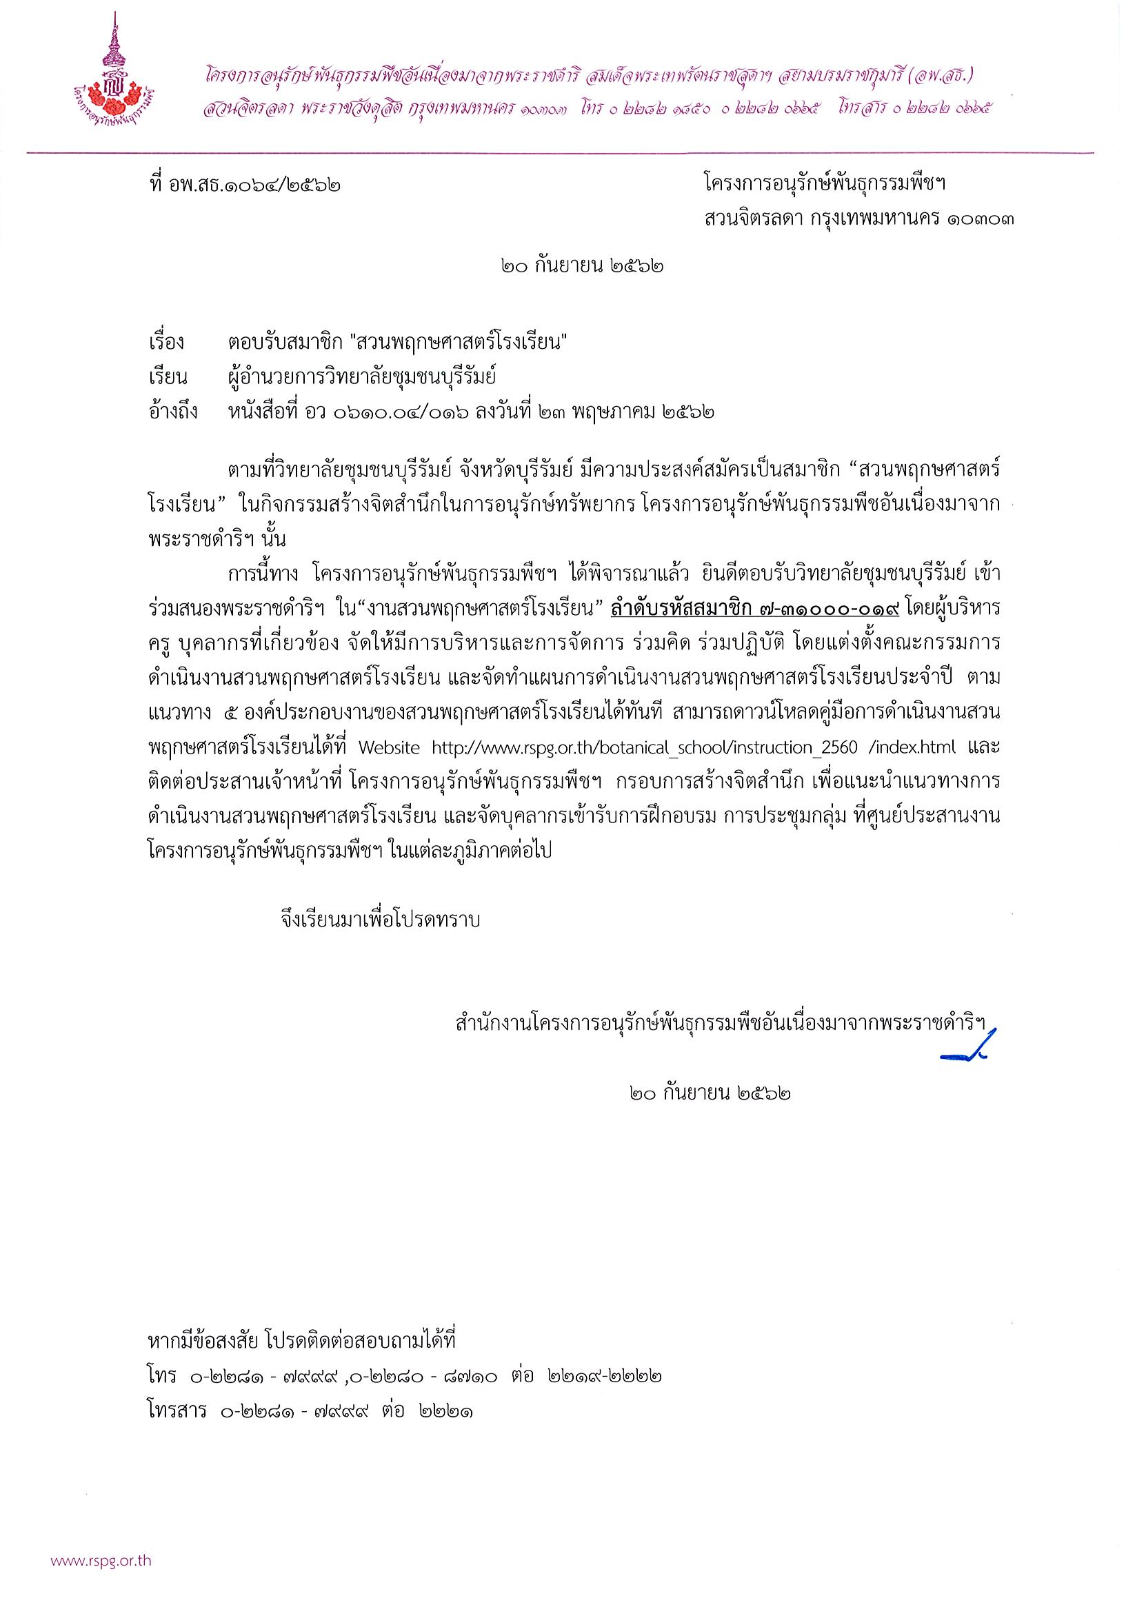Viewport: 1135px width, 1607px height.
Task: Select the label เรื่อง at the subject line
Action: [168, 342]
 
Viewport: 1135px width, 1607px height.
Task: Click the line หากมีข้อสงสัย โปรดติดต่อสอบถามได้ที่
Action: [303, 1342]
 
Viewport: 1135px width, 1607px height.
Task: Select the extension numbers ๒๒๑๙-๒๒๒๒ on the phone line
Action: [605, 1375]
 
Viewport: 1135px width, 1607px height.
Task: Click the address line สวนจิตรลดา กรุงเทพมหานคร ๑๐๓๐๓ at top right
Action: [858, 219]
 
